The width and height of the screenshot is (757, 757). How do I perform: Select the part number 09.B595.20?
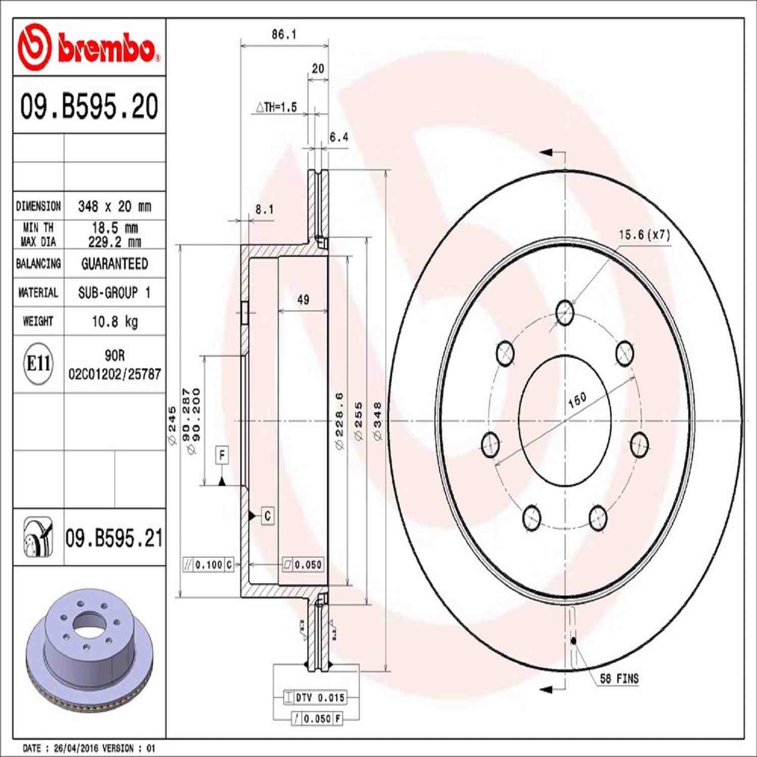point(89,106)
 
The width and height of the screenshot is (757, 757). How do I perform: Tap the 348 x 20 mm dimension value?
point(114,206)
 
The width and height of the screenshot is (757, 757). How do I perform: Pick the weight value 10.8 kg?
point(114,321)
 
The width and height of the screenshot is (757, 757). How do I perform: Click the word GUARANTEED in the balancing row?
point(114,264)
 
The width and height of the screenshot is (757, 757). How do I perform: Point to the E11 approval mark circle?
point(38,363)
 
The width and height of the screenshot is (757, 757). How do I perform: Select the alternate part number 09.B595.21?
point(114,539)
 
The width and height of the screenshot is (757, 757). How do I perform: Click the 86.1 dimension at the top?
point(283,35)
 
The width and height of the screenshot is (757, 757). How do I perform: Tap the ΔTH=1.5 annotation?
point(276,107)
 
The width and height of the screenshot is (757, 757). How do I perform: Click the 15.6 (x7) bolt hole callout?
point(644,235)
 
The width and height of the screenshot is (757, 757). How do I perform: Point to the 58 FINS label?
point(619,679)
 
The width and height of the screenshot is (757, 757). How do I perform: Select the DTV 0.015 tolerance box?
point(314,697)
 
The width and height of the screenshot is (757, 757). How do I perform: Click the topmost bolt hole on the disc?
point(565,313)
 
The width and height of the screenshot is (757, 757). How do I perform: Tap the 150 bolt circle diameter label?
point(577,400)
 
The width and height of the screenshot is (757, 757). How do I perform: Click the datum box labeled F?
point(222,455)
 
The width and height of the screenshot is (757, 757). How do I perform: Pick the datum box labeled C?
point(267,516)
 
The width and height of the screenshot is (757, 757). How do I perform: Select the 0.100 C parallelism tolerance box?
point(208,565)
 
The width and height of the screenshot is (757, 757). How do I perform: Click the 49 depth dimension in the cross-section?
point(303,300)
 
